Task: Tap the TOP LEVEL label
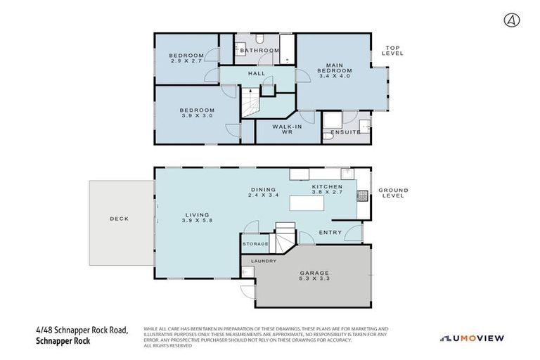point(391,51)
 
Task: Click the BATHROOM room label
point(256,51)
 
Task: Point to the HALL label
point(256,73)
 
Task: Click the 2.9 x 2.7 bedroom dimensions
point(186,61)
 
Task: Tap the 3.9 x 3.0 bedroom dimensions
point(197,116)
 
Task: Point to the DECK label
point(119,219)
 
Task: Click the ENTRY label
point(330,232)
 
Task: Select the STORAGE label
point(255,243)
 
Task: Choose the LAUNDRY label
point(264,261)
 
